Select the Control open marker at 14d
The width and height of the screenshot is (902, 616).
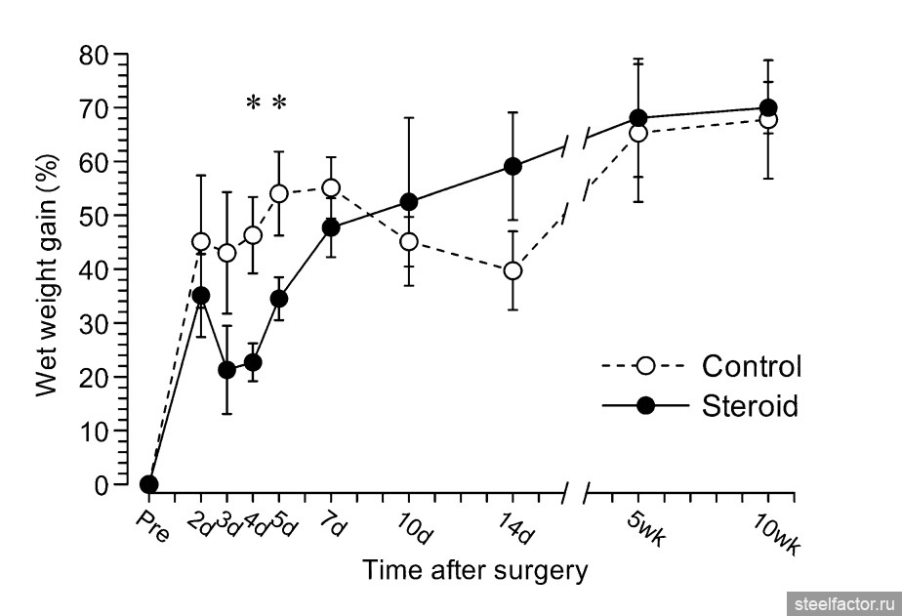click(512, 270)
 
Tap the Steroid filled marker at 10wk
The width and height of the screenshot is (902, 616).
click(767, 107)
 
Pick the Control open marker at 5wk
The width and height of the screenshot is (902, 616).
click(638, 133)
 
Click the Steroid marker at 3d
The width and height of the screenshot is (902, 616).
click(226, 370)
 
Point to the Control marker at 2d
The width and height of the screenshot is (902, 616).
click(201, 241)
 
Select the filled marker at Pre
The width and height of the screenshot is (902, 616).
click(148, 484)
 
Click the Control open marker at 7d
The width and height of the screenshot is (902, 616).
click(331, 187)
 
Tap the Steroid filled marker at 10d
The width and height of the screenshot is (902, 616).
click(409, 202)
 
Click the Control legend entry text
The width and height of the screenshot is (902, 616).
click(751, 366)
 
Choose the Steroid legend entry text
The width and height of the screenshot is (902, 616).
click(750, 405)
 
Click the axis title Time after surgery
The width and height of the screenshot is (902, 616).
click(475, 571)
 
